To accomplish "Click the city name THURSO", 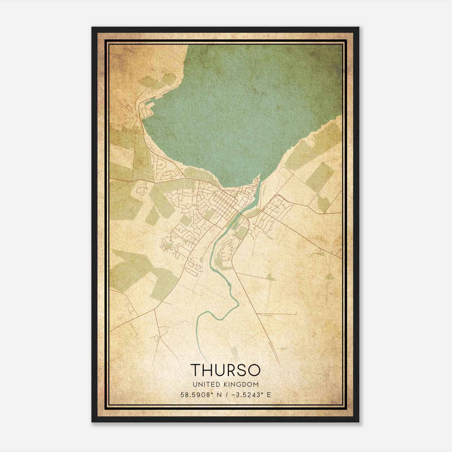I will point(225,370).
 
